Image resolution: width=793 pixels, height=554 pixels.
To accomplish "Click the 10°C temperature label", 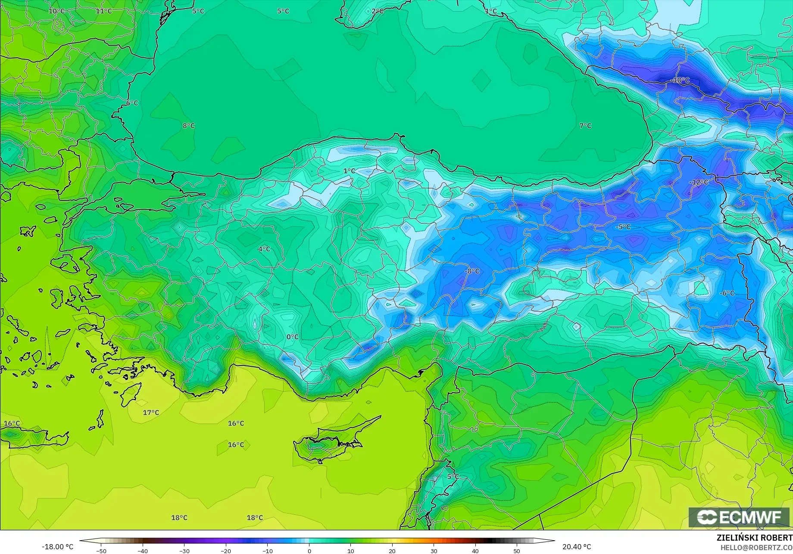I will click(56, 11).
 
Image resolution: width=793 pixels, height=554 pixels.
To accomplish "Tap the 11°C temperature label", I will click(103, 11).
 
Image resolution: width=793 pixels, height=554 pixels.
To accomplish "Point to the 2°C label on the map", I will click(377, 11).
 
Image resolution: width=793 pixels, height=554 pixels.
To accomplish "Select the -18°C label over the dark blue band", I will click(680, 80).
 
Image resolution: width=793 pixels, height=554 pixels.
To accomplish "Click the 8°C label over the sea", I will click(188, 126).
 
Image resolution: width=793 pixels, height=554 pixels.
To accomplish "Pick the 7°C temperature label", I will click(585, 126).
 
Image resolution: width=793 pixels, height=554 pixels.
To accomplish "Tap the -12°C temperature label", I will click(698, 182).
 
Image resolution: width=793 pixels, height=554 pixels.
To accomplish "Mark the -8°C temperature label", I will click(472, 271).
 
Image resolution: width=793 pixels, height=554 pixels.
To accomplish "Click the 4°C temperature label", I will click(264, 249).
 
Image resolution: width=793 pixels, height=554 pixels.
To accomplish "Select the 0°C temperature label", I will click(292, 337).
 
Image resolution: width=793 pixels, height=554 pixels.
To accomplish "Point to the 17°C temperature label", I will click(151, 412).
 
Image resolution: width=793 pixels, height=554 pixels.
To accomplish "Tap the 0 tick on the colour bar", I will click(309, 551).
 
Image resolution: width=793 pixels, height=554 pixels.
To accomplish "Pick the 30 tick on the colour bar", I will click(434, 551).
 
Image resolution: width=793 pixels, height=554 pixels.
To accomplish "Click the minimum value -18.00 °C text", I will click(57, 547).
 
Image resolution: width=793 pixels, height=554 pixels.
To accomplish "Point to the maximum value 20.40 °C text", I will click(577, 547).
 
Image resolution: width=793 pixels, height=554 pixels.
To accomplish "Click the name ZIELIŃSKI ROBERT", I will click(754, 538).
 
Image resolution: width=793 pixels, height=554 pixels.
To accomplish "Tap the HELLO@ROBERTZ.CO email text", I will click(756, 548).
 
